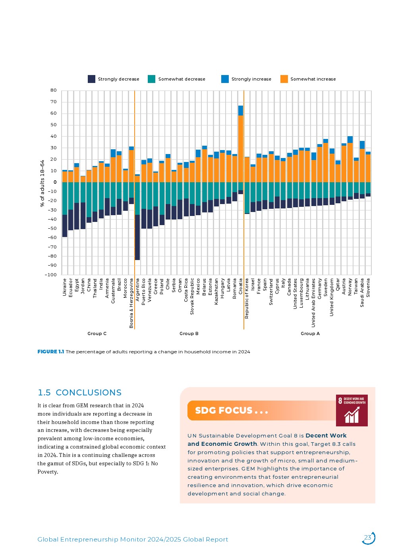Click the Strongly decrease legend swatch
point(91,79)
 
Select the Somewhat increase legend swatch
point(284,79)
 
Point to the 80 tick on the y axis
point(54,91)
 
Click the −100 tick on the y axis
point(51,275)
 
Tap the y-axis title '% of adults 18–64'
point(42,183)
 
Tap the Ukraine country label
point(65,287)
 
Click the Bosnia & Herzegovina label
point(131,303)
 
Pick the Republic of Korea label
point(247,298)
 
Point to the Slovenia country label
point(368,287)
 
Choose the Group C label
point(97,333)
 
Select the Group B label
point(189,333)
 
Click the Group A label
point(310,333)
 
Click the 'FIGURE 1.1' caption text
point(50,352)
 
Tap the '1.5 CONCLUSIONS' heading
point(79,393)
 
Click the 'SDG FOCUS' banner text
point(231,411)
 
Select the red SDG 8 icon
point(352,411)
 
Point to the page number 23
point(368,538)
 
